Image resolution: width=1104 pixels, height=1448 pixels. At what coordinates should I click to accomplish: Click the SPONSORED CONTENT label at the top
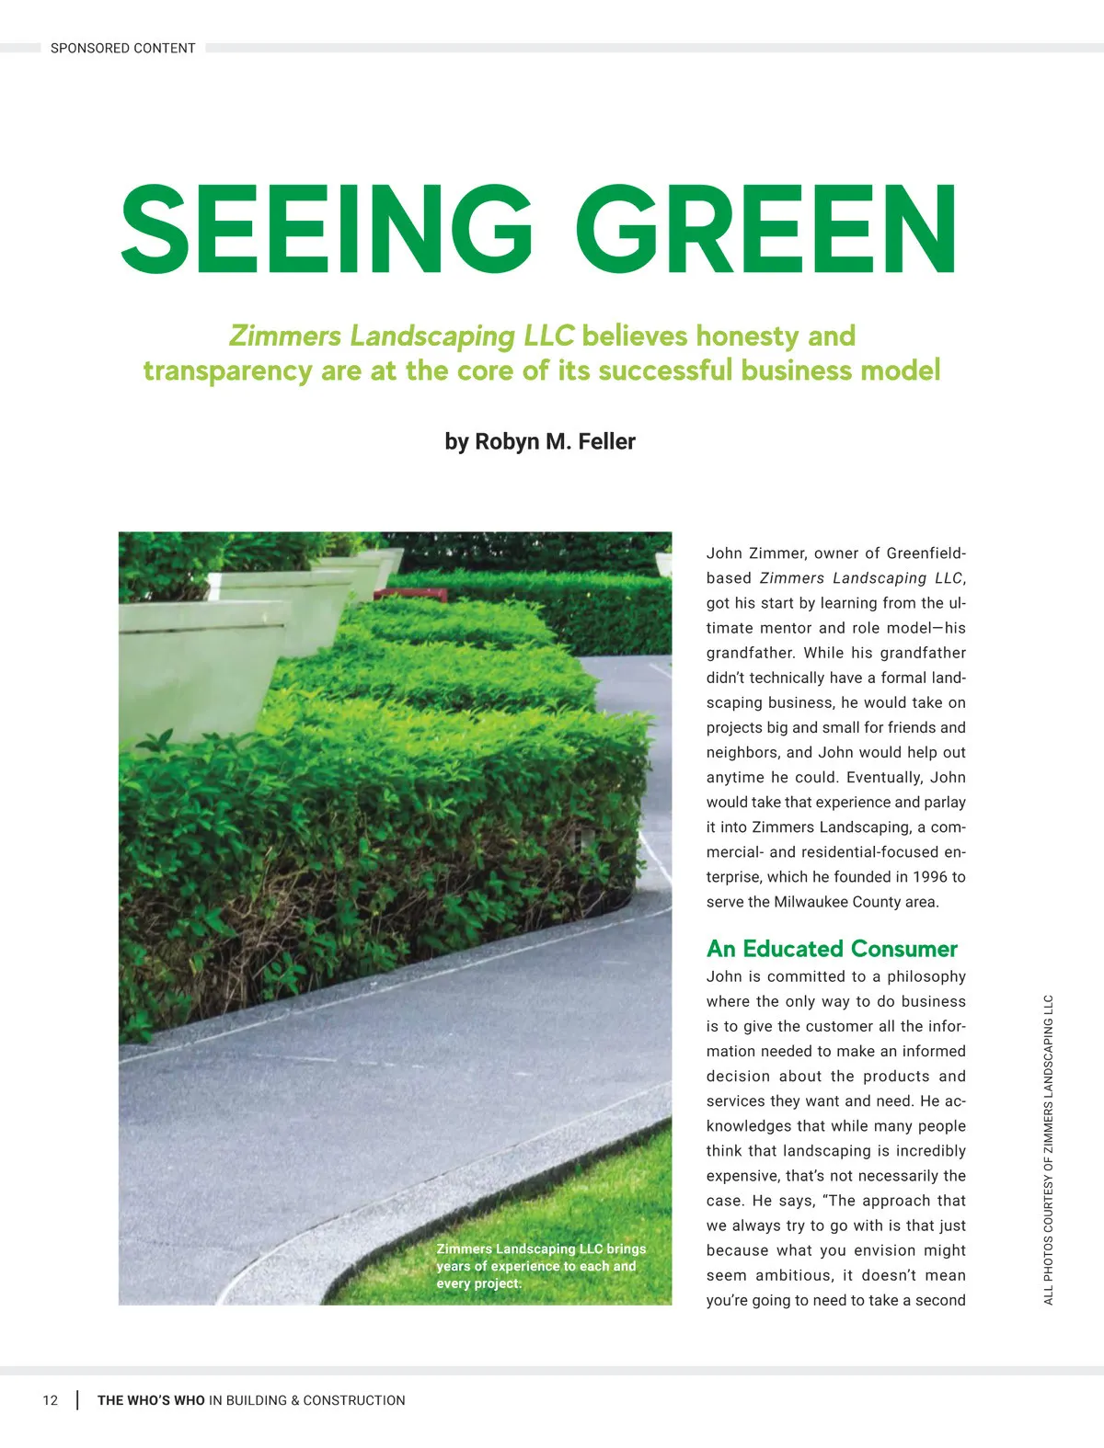point(122,48)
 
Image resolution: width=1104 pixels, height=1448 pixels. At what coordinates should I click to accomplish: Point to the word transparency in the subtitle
point(226,371)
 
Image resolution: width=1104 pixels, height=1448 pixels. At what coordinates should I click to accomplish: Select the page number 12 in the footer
point(50,1400)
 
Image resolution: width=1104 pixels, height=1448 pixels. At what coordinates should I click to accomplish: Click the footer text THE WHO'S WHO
point(151,1400)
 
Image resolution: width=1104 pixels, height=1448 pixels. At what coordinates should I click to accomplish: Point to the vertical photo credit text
point(1049,1149)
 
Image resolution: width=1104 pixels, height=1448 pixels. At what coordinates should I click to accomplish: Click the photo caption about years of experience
point(541,1266)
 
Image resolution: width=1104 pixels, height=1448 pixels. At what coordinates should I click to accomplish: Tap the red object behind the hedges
point(410,594)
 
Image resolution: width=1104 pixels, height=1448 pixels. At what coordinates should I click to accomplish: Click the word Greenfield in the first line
point(924,553)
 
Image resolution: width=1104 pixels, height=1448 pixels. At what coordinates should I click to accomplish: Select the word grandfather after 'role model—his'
point(746,653)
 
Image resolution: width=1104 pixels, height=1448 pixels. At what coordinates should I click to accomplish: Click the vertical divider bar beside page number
point(76,1400)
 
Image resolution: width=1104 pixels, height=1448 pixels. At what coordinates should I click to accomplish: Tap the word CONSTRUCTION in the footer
point(354,1400)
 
